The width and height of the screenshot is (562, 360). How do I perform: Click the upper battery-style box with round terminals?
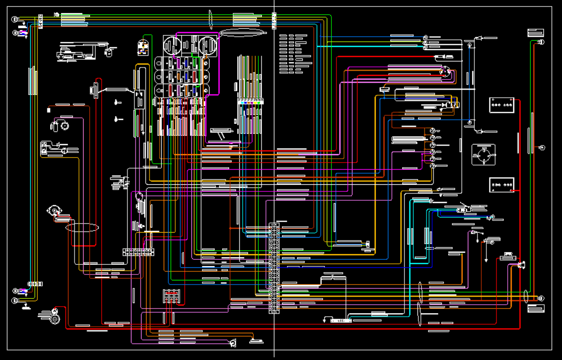(502, 105)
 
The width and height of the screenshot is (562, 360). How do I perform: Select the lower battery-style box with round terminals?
(502, 185)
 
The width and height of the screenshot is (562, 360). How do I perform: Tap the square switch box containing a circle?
(483, 155)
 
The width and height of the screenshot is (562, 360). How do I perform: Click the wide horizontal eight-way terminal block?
(138, 252)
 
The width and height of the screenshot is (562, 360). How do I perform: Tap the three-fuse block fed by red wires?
(171, 296)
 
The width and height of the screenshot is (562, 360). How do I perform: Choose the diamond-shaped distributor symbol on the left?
(52, 210)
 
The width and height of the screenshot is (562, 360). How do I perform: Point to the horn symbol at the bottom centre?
(232, 343)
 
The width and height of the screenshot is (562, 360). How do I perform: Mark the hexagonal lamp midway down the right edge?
(542, 148)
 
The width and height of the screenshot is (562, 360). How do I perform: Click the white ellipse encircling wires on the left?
(82, 228)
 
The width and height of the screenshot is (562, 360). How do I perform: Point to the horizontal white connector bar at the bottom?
(341, 320)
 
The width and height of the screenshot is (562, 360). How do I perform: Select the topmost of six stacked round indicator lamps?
(432, 130)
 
